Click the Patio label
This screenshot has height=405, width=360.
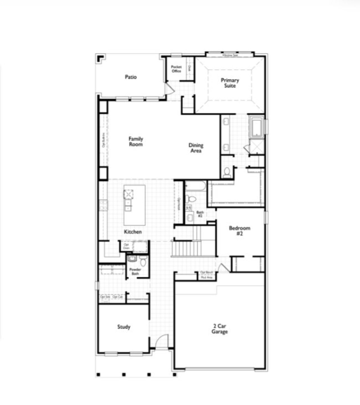point(131,77)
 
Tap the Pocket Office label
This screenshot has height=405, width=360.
point(176,69)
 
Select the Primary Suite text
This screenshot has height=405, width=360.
point(230,83)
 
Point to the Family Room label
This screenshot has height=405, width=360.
point(136,141)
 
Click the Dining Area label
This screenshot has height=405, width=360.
point(196,148)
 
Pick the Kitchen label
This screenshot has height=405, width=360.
point(133,232)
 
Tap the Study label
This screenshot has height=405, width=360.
point(124,327)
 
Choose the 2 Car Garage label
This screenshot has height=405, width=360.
point(220,329)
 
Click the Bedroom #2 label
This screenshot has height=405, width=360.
point(239,231)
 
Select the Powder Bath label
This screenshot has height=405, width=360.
point(135,271)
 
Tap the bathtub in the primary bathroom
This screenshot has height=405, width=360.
point(256,127)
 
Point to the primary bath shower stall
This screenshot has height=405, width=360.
point(256,146)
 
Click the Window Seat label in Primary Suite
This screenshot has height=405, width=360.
point(230,55)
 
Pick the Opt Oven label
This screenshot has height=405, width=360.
point(126,246)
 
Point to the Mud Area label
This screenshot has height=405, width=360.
point(206,278)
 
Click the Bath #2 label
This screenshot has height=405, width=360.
point(200,214)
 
